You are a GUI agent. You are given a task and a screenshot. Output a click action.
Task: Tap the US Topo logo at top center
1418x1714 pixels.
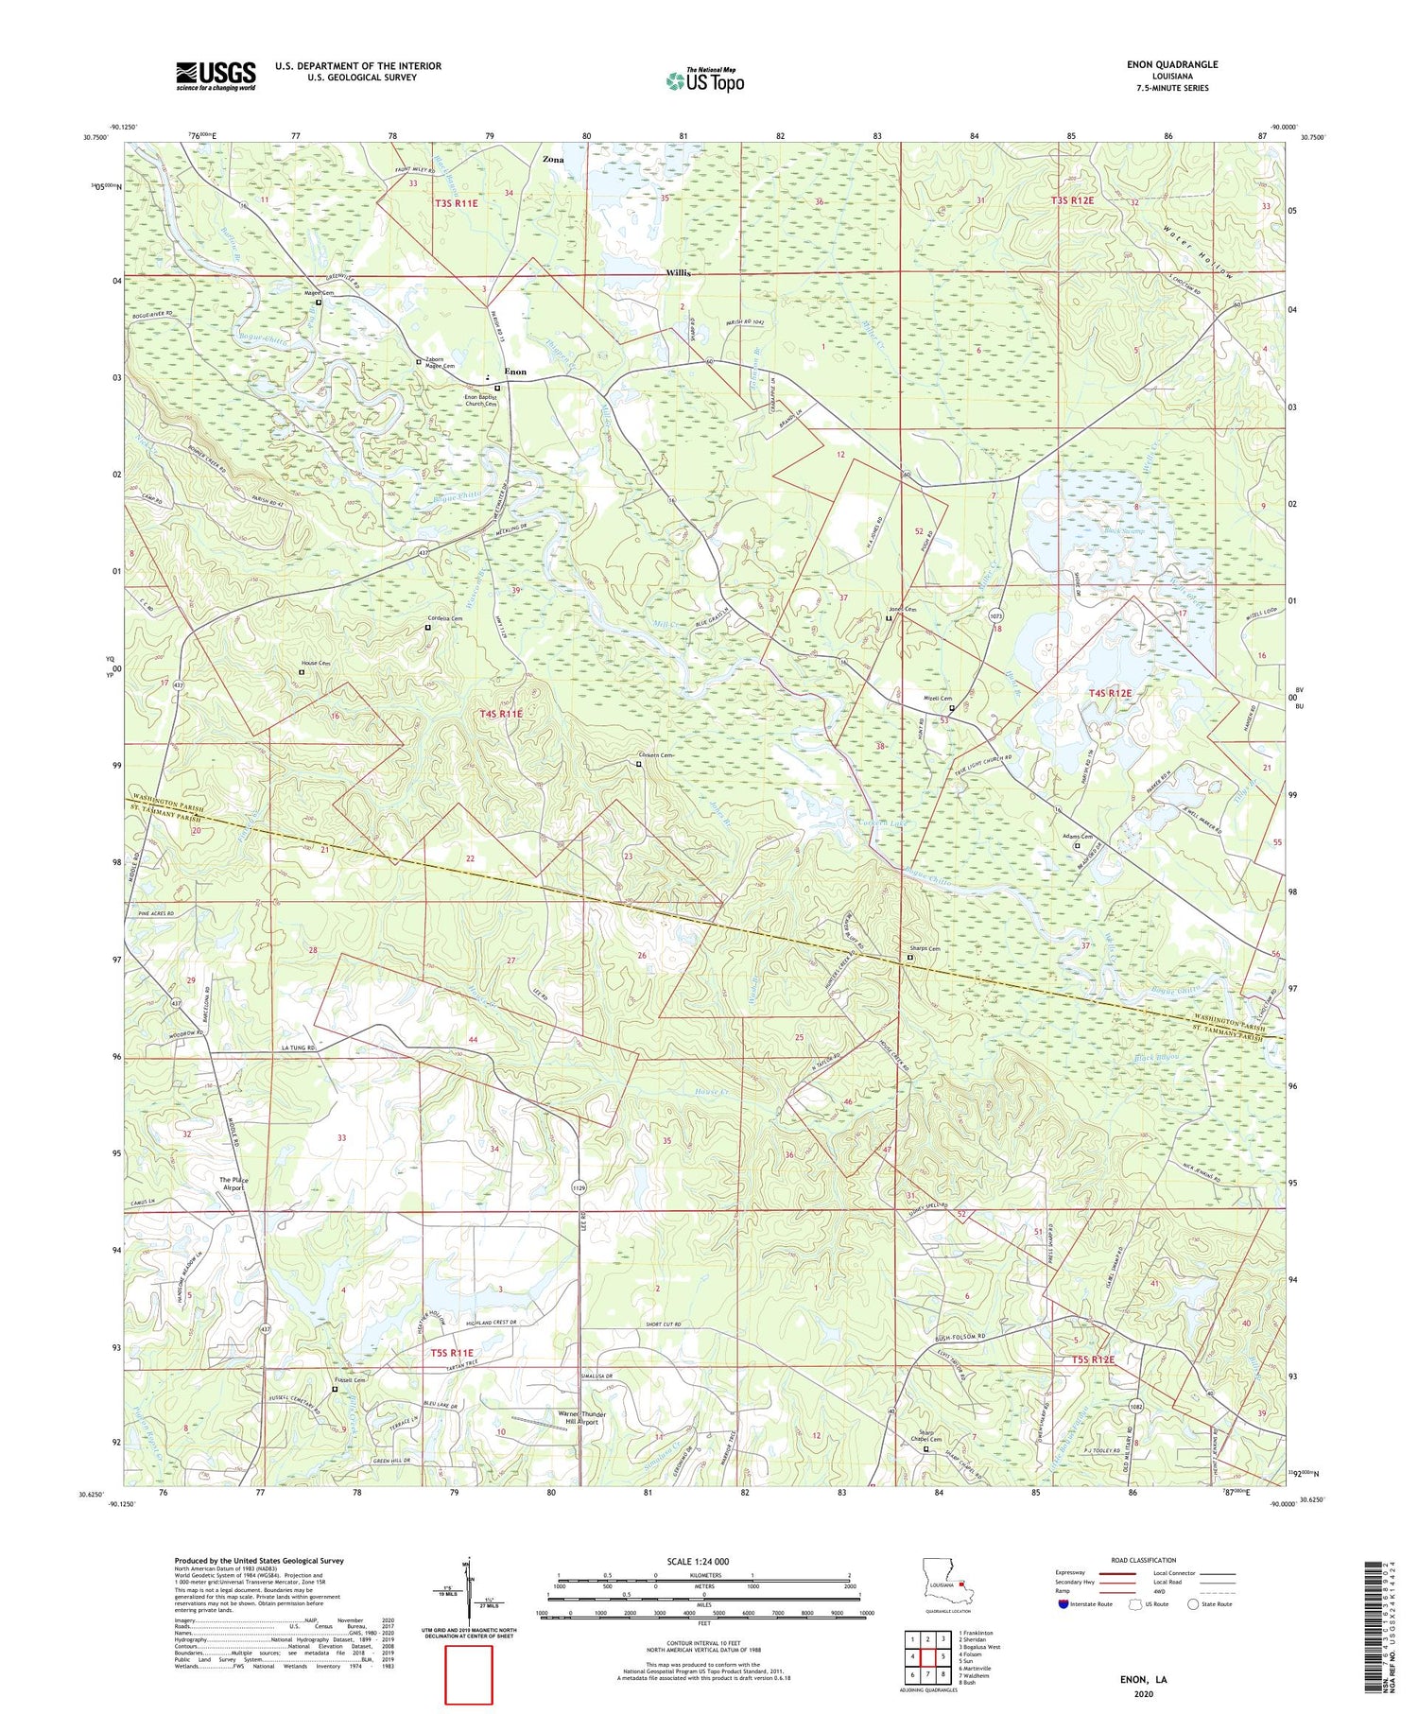pyautogui.click(x=704, y=81)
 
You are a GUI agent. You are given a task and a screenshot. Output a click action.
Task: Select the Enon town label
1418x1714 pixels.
pyautogui.click(x=515, y=372)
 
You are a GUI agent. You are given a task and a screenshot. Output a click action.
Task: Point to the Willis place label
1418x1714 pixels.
pyautogui.click(x=677, y=272)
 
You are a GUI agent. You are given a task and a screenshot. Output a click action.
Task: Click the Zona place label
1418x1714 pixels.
pyautogui.click(x=553, y=160)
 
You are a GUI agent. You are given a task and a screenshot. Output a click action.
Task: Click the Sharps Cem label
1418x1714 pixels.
pyautogui.click(x=926, y=949)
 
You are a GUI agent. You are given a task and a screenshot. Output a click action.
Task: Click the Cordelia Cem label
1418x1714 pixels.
pyautogui.click(x=443, y=618)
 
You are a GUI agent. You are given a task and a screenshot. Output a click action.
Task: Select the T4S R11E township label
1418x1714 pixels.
pyautogui.click(x=500, y=715)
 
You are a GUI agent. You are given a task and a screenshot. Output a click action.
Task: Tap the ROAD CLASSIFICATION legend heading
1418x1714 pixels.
pyautogui.click(x=1144, y=1560)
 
